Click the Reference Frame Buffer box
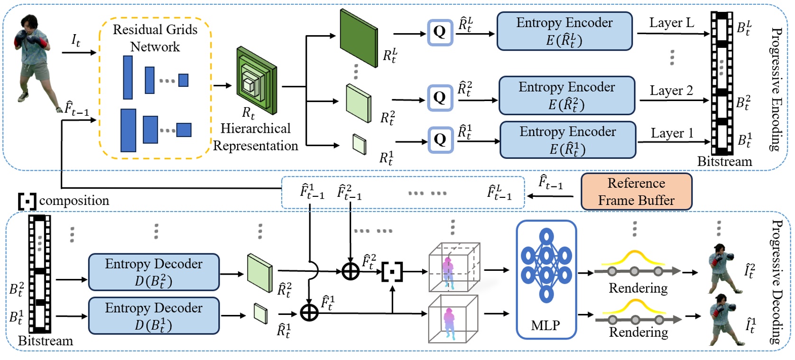(636, 192)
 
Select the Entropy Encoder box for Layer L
(564, 31)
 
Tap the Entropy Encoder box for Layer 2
(566, 95)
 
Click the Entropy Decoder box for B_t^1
(154, 316)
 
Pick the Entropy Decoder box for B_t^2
(154, 272)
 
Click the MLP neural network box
(546, 279)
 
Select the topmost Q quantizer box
(440, 32)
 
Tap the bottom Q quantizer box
(440, 139)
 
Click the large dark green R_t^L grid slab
(359, 38)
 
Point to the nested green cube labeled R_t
(257, 80)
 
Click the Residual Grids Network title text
(155, 38)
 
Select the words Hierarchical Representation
(255, 137)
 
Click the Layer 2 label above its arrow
(671, 90)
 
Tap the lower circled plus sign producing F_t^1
(309, 313)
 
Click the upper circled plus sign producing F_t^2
(351, 271)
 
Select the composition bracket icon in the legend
(27, 201)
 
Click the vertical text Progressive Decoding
(777, 282)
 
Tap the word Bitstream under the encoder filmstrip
(724, 162)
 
